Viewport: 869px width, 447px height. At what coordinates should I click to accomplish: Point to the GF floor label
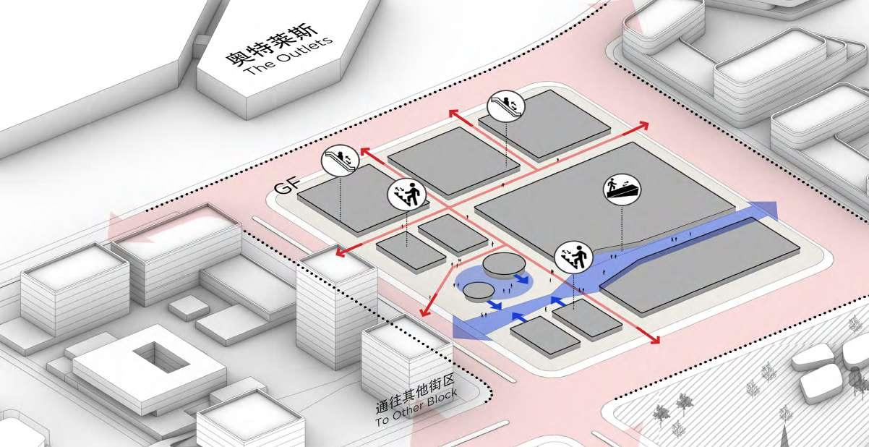tap(284, 187)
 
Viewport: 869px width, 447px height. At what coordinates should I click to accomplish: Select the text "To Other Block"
tap(411, 410)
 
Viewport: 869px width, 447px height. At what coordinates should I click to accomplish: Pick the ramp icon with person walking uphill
tap(622, 190)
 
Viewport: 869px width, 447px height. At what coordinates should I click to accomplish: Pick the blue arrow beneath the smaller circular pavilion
tap(495, 305)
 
